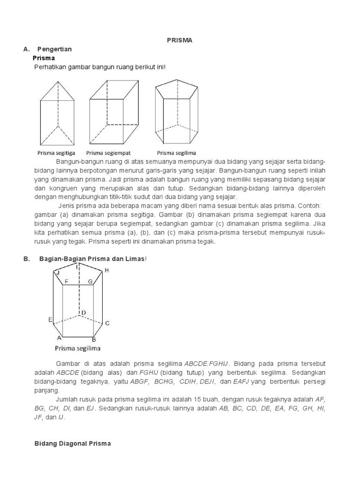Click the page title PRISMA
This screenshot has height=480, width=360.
click(180, 40)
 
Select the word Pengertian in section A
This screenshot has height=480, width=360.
click(55, 49)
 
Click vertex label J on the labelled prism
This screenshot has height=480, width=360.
click(57, 273)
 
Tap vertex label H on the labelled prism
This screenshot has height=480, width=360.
click(106, 270)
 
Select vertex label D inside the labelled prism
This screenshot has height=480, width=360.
click(83, 313)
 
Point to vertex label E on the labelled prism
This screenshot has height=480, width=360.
click(50, 320)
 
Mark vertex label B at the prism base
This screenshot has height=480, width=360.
click(94, 339)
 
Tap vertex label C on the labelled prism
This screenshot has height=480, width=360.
click(107, 323)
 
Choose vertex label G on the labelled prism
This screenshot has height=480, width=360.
click(90, 282)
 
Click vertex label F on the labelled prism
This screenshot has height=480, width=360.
click(67, 282)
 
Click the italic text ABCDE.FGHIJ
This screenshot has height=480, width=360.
click(206, 364)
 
